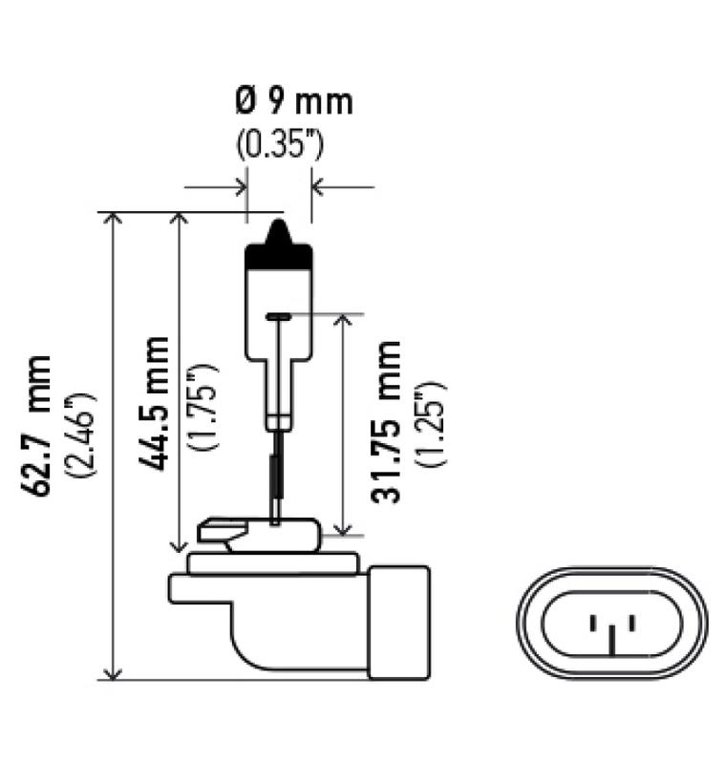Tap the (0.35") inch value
[x=280, y=144]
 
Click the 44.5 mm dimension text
[x=154, y=401]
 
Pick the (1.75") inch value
[x=204, y=406]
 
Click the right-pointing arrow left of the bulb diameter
[x=239, y=187]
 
